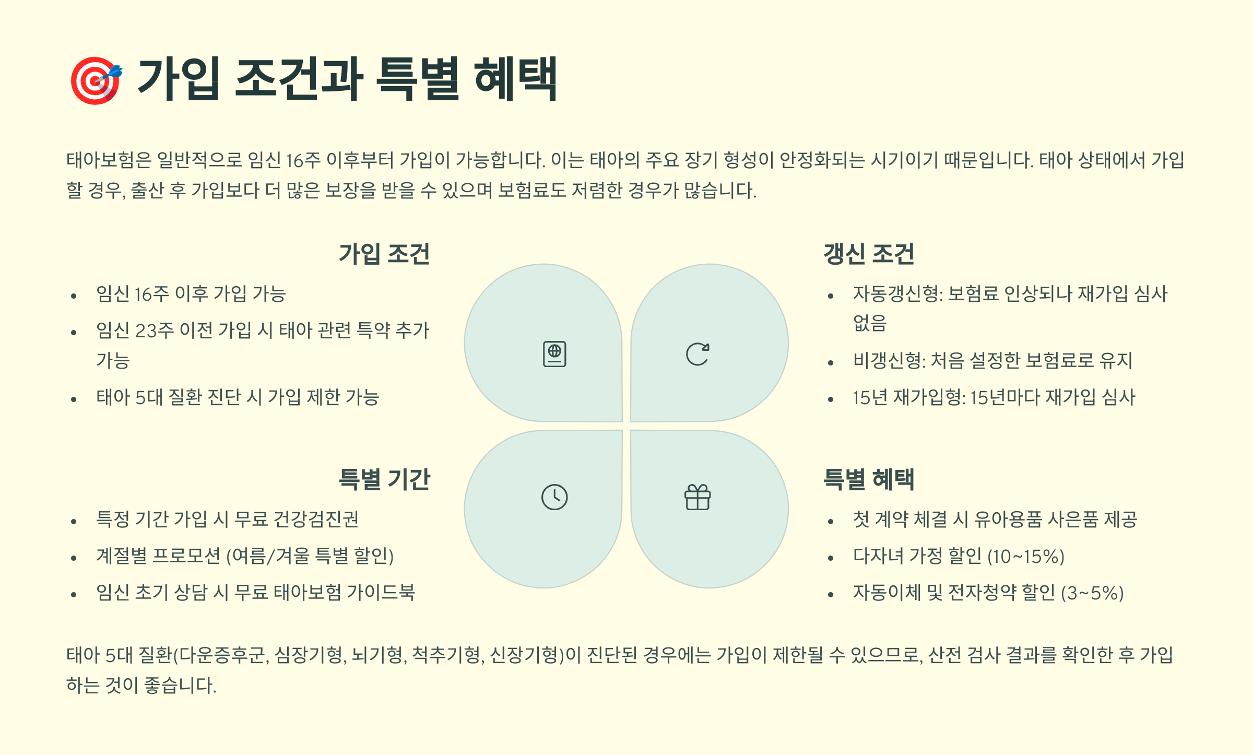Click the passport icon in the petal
click(x=554, y=354)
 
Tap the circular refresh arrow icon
click(x=698, y=354)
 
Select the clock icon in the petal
click(x=554, y=497)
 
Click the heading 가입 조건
click(x=384, y=254)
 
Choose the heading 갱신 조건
click(x=869, y=254)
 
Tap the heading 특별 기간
click(x=384, y=479)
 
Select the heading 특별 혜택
click(x=869, y=479)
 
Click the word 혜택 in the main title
click(x=516, y=79)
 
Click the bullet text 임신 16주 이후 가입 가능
click(x=191, y=294)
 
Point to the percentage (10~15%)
click(x=1026, y=556)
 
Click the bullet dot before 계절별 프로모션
click(x=74, y=558)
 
